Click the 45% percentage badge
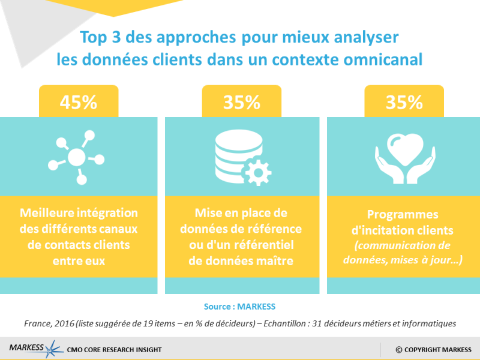pyautogui.click(x=78, y=101)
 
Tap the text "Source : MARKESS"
pyautogui.click(x=240, y=307)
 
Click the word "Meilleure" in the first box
pyautogui.click(x=45, y=213)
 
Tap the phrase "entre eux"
pyautogui.click(x=79, y=261)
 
